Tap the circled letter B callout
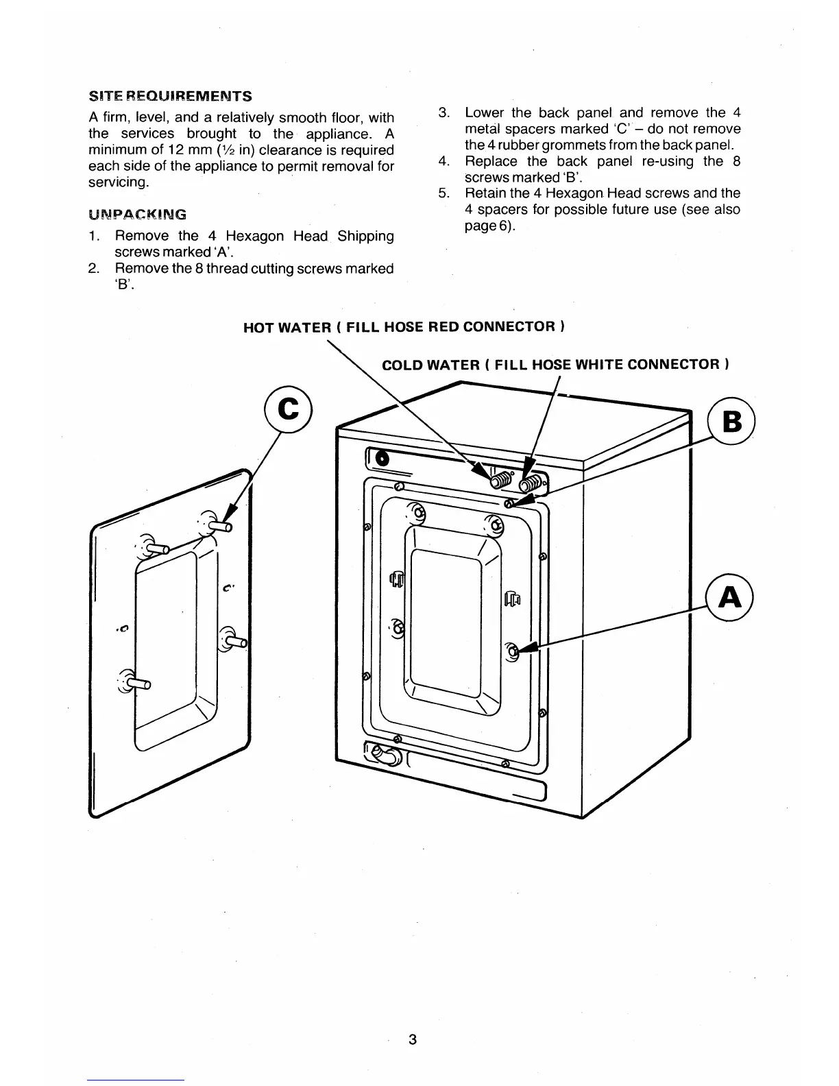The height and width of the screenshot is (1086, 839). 731,421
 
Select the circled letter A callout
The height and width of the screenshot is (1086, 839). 729,598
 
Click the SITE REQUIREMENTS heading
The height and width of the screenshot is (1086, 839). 170,95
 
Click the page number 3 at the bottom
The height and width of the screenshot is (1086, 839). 412,1039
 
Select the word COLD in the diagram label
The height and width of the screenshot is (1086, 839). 401,365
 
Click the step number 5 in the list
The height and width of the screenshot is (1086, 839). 443,193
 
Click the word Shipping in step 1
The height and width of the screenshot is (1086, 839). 365,236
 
